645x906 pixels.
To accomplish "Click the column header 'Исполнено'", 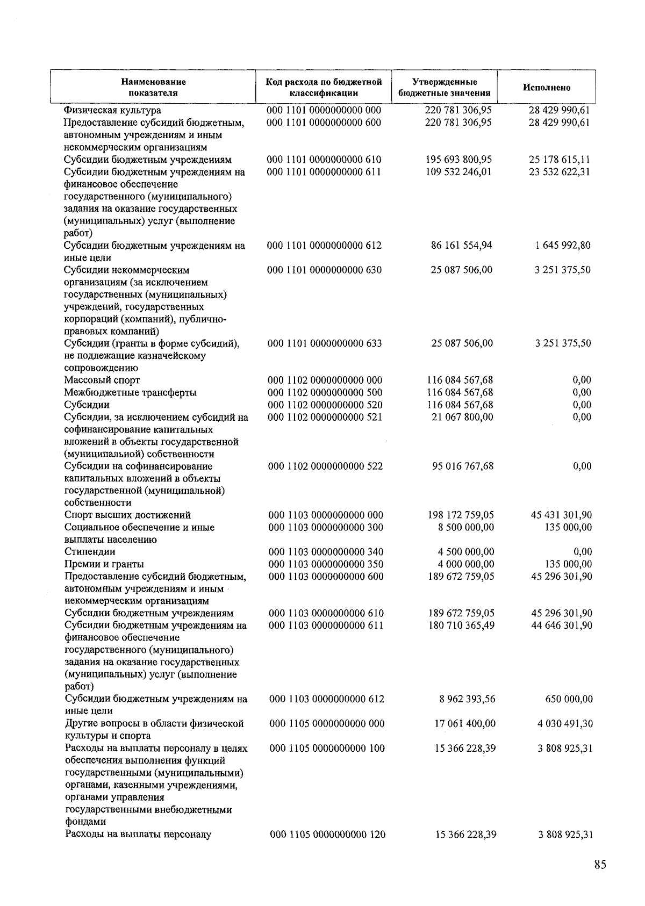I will click(547, 88).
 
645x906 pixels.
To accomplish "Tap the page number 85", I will click(600, 865).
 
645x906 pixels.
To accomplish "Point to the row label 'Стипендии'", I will click(90, 552).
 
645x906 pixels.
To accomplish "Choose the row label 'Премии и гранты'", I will click(104, 564).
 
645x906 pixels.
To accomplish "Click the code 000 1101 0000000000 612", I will click(325, 246).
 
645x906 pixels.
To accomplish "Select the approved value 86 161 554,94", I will click(462, 246).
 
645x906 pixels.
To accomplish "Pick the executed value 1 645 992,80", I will click(563, 246).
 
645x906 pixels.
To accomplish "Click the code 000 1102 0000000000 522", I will click(326, 466).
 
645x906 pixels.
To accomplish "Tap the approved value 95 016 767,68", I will click(463, 466).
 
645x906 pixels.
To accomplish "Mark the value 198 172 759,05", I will click(460, 515).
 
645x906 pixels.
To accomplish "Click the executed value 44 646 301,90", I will click(562, 625).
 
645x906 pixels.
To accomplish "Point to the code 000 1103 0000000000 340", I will click(326, 552).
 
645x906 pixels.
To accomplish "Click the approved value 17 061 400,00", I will click(465, 724).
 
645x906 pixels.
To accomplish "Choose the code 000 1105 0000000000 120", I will click(327, 835).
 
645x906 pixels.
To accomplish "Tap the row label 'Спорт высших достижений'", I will click(128, 515).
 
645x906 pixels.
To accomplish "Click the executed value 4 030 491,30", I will click(565, 724).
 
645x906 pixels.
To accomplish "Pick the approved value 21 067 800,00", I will click(463, 417).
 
